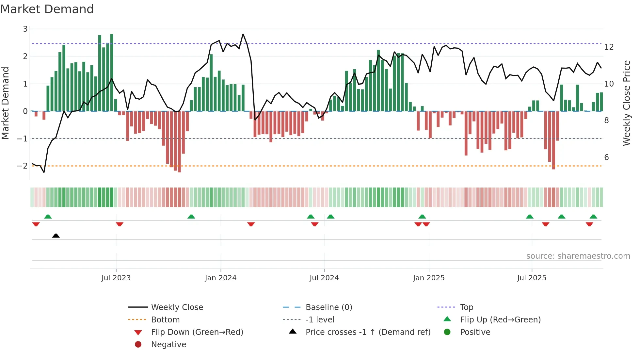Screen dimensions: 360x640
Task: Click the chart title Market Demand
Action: [47, 9]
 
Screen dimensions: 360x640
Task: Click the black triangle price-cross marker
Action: [56, 236]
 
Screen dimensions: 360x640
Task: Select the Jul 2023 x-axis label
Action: [116, 278]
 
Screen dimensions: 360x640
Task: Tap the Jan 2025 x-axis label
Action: [428, 278]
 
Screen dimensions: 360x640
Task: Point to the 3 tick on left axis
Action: [25, 29]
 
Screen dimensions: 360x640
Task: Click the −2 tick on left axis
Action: [23, 166]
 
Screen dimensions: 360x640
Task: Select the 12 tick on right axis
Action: [609, 47]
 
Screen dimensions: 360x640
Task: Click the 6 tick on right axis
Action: [606, 157]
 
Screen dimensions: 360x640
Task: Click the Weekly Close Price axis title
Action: [626, 103]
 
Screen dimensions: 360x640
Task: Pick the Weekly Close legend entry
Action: [177, 307]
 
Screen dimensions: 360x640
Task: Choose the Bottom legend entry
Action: [165, 320]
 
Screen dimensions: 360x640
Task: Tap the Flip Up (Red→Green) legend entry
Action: [500, 320]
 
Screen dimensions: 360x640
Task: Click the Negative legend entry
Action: [168, 345]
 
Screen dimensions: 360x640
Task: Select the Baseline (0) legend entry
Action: [329, 307]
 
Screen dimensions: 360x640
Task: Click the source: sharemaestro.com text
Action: [578, 256]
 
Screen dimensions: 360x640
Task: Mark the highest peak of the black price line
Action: [243, 34]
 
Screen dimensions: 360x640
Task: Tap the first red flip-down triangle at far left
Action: [36, 224]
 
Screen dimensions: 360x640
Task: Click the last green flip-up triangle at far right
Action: [593, 217]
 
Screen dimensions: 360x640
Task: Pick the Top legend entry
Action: [467, 307]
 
